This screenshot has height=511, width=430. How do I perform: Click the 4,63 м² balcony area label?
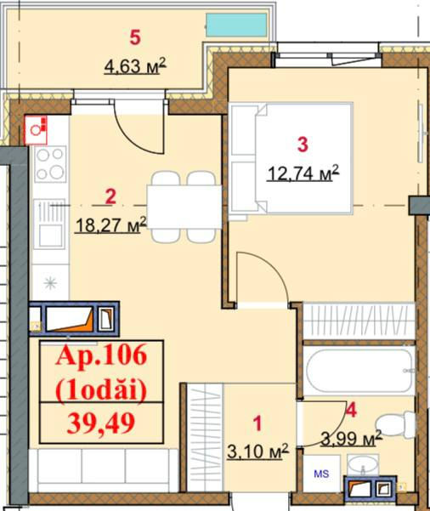[x=135, y=66]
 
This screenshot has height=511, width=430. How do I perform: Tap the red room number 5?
[x=135, y=37]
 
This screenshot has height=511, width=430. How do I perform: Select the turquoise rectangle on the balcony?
[x=237, y=26]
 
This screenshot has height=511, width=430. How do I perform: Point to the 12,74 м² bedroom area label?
[x=303, y=173]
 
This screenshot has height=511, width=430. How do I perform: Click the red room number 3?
[x=303, y=145]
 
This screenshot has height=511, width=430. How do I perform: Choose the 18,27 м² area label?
[x=111, y=224]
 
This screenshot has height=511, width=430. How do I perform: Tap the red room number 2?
[x=110, y=197]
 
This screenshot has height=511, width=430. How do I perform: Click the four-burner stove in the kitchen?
[x=50, y=163]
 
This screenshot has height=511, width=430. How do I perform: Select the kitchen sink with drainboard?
[x=50, y=224]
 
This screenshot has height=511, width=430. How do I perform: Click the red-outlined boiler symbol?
[x=37, y=130]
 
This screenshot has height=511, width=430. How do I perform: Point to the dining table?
[x=184, y=207]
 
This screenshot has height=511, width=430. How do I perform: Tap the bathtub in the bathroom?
[x=359, y=371]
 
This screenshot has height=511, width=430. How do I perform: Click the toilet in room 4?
[x=395, y=424]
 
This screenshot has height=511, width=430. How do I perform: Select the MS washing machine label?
[x=321, y=474]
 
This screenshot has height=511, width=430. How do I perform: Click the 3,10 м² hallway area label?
[x=258, y=451]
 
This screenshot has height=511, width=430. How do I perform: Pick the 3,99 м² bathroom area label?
[x=351, y=439]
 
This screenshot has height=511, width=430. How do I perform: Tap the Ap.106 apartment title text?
[x=101, y=355]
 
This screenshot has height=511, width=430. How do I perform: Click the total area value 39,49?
[x=101, y=423]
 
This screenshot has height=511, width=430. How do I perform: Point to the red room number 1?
[x=257, y=423]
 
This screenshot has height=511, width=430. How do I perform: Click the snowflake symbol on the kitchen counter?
[x=50, y=283]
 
